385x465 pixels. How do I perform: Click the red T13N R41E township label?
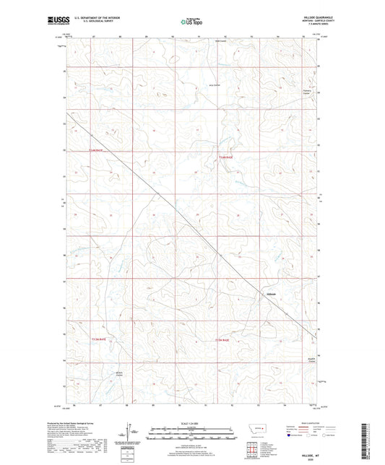click(x=98, y=339)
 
